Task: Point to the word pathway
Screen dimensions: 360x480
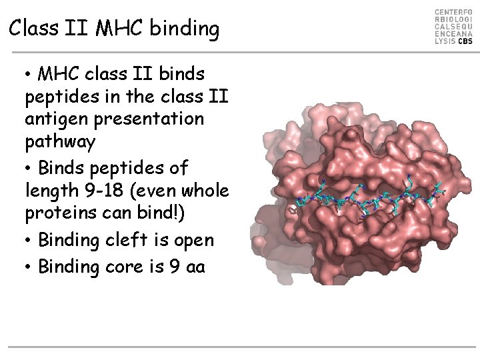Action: (x=60, y=143)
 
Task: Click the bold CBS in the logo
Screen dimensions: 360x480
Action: (x=465, y=41)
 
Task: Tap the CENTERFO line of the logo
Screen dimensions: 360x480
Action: (x=454, y=13)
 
